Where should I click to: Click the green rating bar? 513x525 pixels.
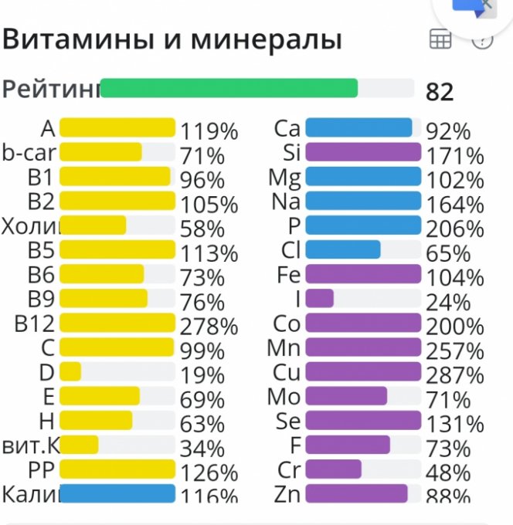point(229,88)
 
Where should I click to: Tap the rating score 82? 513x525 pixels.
point(440,92)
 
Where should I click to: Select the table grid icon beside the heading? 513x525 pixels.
point(440,40)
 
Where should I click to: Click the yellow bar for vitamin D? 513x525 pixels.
point(70,371)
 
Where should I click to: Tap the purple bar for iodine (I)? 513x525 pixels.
point(320,298)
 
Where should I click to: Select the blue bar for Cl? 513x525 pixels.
point(343,249)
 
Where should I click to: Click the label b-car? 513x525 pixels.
point(29,151)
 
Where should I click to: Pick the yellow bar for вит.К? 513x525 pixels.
point(79,445)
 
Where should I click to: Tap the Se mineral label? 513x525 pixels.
point(287,421)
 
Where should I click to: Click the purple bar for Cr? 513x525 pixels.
point(334,469)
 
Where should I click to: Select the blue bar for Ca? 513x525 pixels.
point(358,127)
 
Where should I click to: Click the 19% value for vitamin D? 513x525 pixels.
point(202,375)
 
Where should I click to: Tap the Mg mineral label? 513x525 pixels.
point(284,177)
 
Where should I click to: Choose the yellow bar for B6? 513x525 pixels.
point(101,273)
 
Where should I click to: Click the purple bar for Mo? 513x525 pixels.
point(346,396)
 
